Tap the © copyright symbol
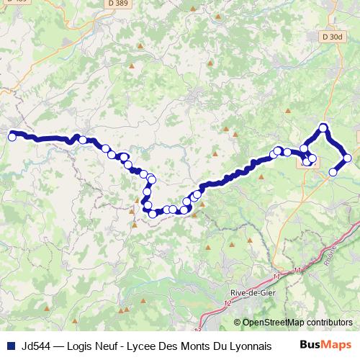tap(237, 322)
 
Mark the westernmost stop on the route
tap(12, 136)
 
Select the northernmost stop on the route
tap(324, 128)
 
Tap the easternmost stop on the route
tap(348, 158)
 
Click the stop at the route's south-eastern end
tap(333, 171)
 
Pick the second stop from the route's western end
tap(83, 140)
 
